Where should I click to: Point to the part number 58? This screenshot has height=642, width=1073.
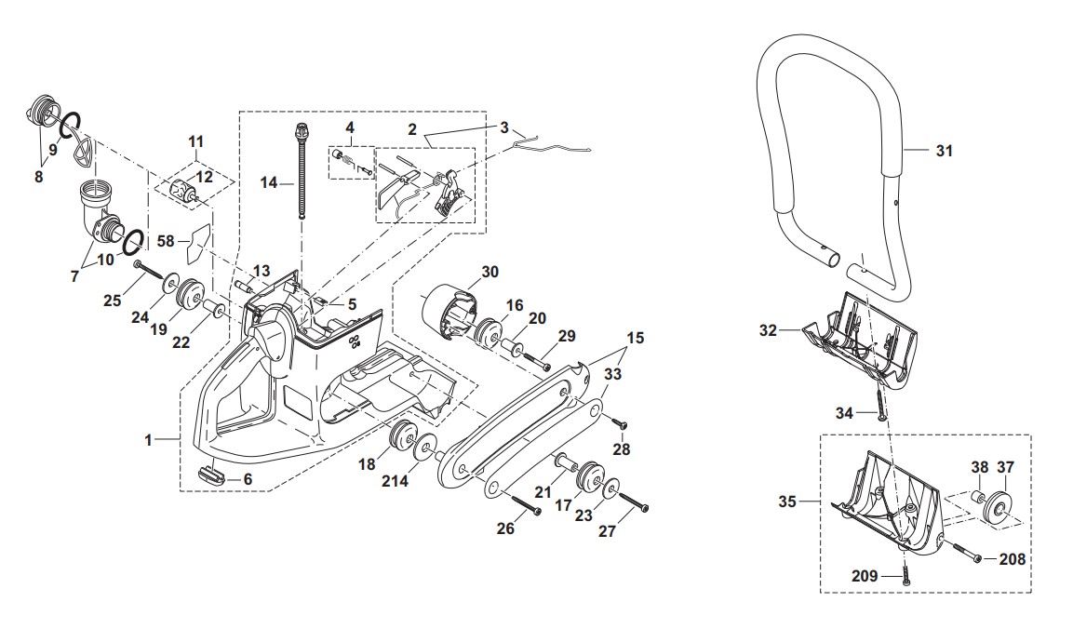coord(166,241)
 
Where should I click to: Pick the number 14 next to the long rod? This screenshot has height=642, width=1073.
coord(268,183)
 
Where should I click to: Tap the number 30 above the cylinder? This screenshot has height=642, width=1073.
coord(490,273)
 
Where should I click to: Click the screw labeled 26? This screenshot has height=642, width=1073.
coord(527,505)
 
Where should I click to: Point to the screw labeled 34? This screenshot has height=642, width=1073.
coord(879,402)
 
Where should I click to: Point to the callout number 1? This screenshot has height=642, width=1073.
coord(148,439)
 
